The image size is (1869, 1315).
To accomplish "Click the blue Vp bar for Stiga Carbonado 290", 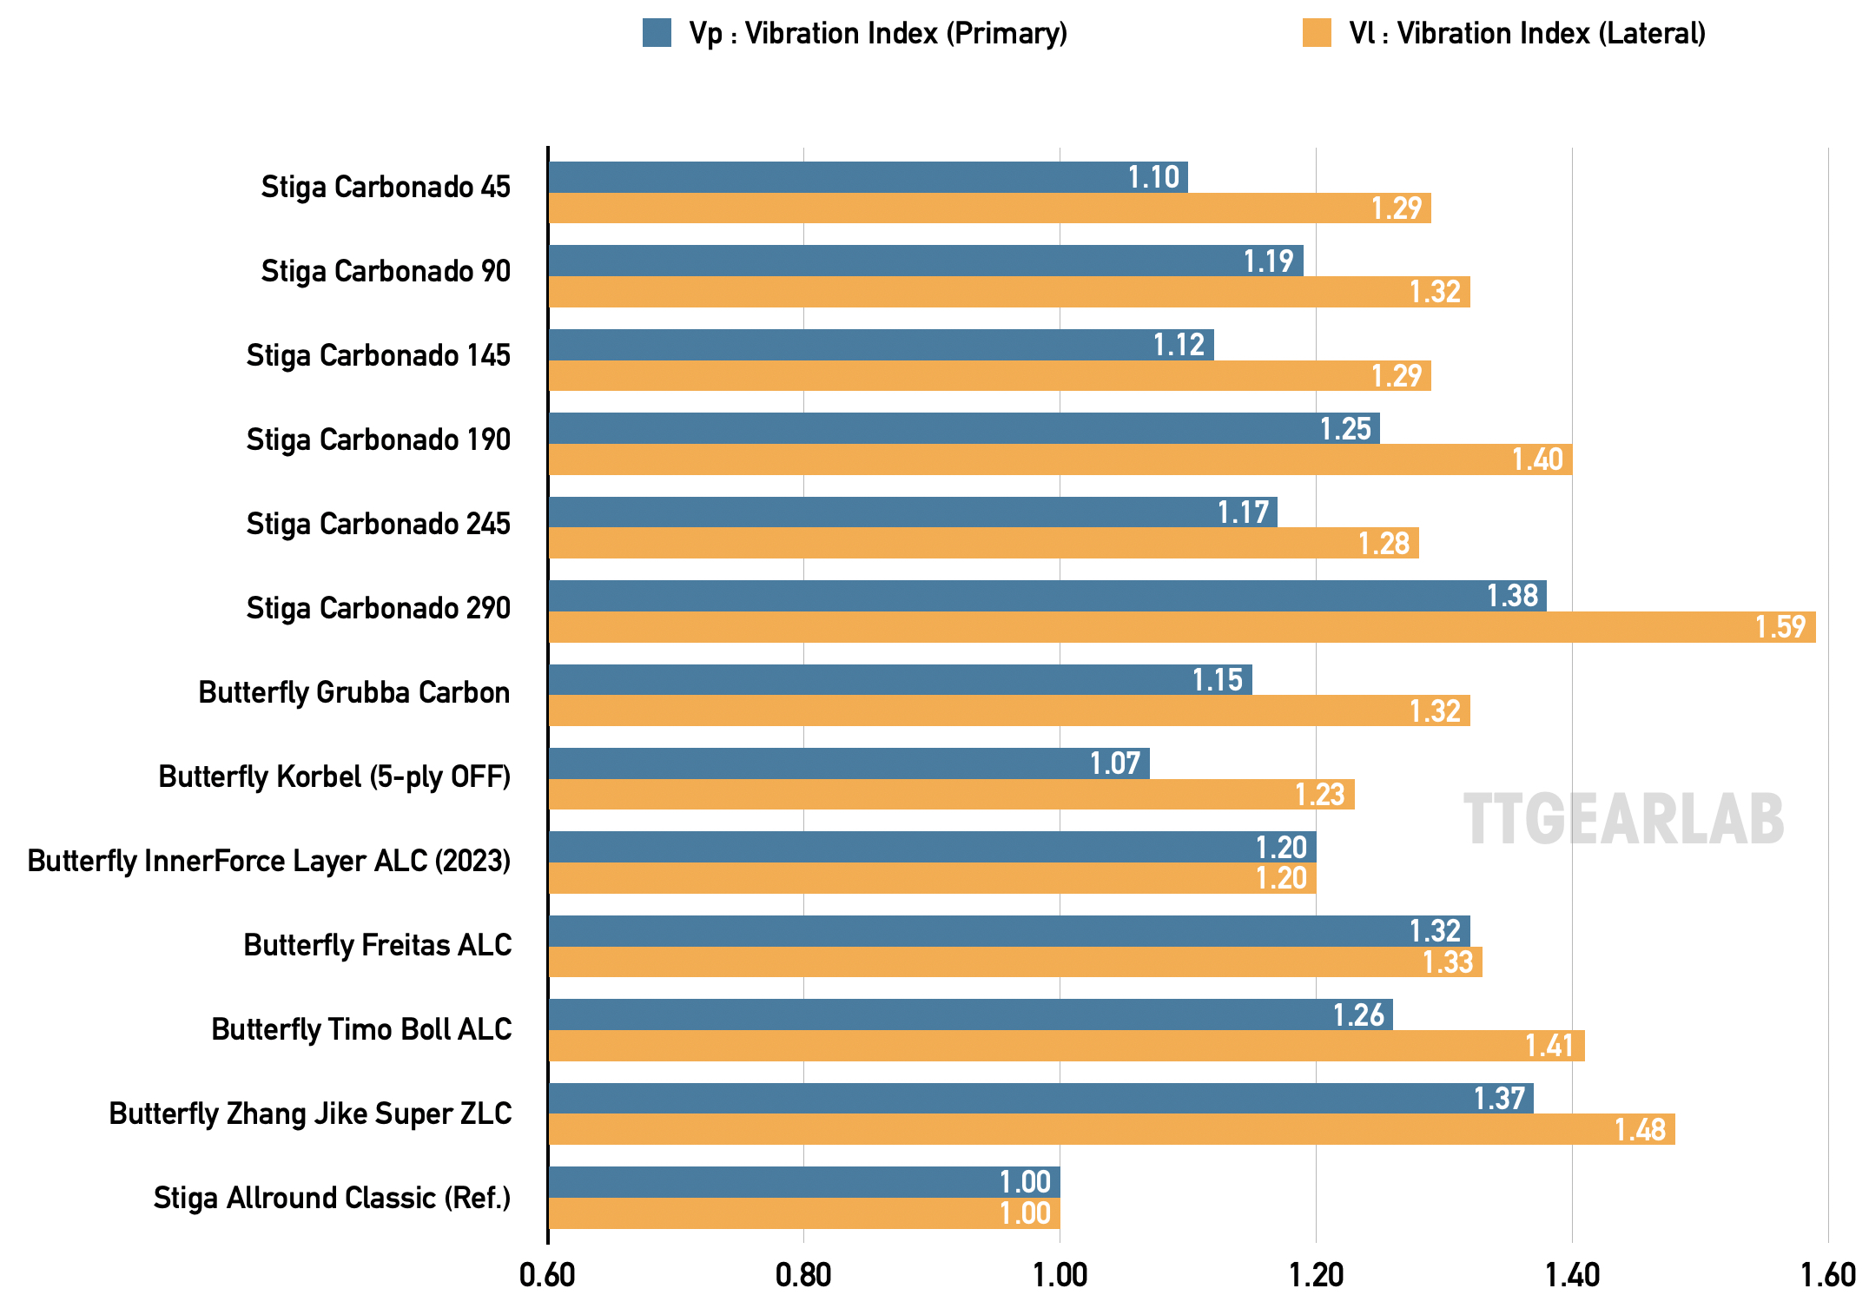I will click(1047, 596).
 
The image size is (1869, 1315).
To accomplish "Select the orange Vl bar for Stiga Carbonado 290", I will click(1181, 627).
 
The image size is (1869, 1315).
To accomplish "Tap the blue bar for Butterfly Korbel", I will click(849, 763).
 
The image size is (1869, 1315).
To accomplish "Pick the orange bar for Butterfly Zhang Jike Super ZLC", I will click(1112, 1129).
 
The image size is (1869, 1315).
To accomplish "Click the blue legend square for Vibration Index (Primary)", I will click(657, 33).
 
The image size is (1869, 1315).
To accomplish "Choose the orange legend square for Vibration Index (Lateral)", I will click(1317, 33).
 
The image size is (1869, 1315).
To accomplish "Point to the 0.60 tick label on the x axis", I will click(547, 1275).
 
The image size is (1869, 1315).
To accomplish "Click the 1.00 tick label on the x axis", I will click(1060, 1275).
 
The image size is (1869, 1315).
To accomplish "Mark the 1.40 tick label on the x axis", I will click(1572, 1275).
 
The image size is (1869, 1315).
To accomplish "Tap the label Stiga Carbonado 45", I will click(386, 187).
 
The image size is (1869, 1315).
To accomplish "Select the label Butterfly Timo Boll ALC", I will click(361, 1029).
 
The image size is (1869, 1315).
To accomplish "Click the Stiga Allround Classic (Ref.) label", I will click(332, 1198).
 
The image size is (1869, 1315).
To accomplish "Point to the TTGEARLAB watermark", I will click(1623, 819).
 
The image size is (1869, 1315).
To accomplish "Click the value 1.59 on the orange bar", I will click(1780, 627).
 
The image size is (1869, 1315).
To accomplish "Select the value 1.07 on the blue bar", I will click(1114, 763).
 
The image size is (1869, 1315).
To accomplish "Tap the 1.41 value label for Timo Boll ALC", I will click(1549, 1046).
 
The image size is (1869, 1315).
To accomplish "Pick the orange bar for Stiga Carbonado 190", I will click(1060, 459).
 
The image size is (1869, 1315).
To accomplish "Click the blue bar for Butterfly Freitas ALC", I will click(1008, 931).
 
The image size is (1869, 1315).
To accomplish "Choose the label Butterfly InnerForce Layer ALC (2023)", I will click(268, 861).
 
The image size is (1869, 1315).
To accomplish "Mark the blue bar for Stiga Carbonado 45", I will click(868, 177).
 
